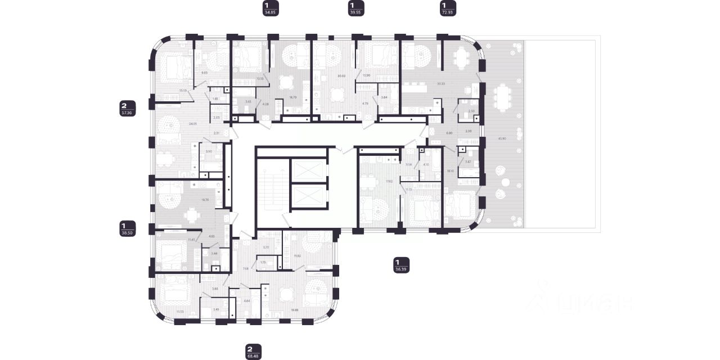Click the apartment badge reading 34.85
coord(271,8)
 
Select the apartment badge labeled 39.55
coord(355,8)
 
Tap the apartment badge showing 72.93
coord(448,8)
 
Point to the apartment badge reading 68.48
coord(254,351)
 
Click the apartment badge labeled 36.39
coord(401,265)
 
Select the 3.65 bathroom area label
coord(248,102)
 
